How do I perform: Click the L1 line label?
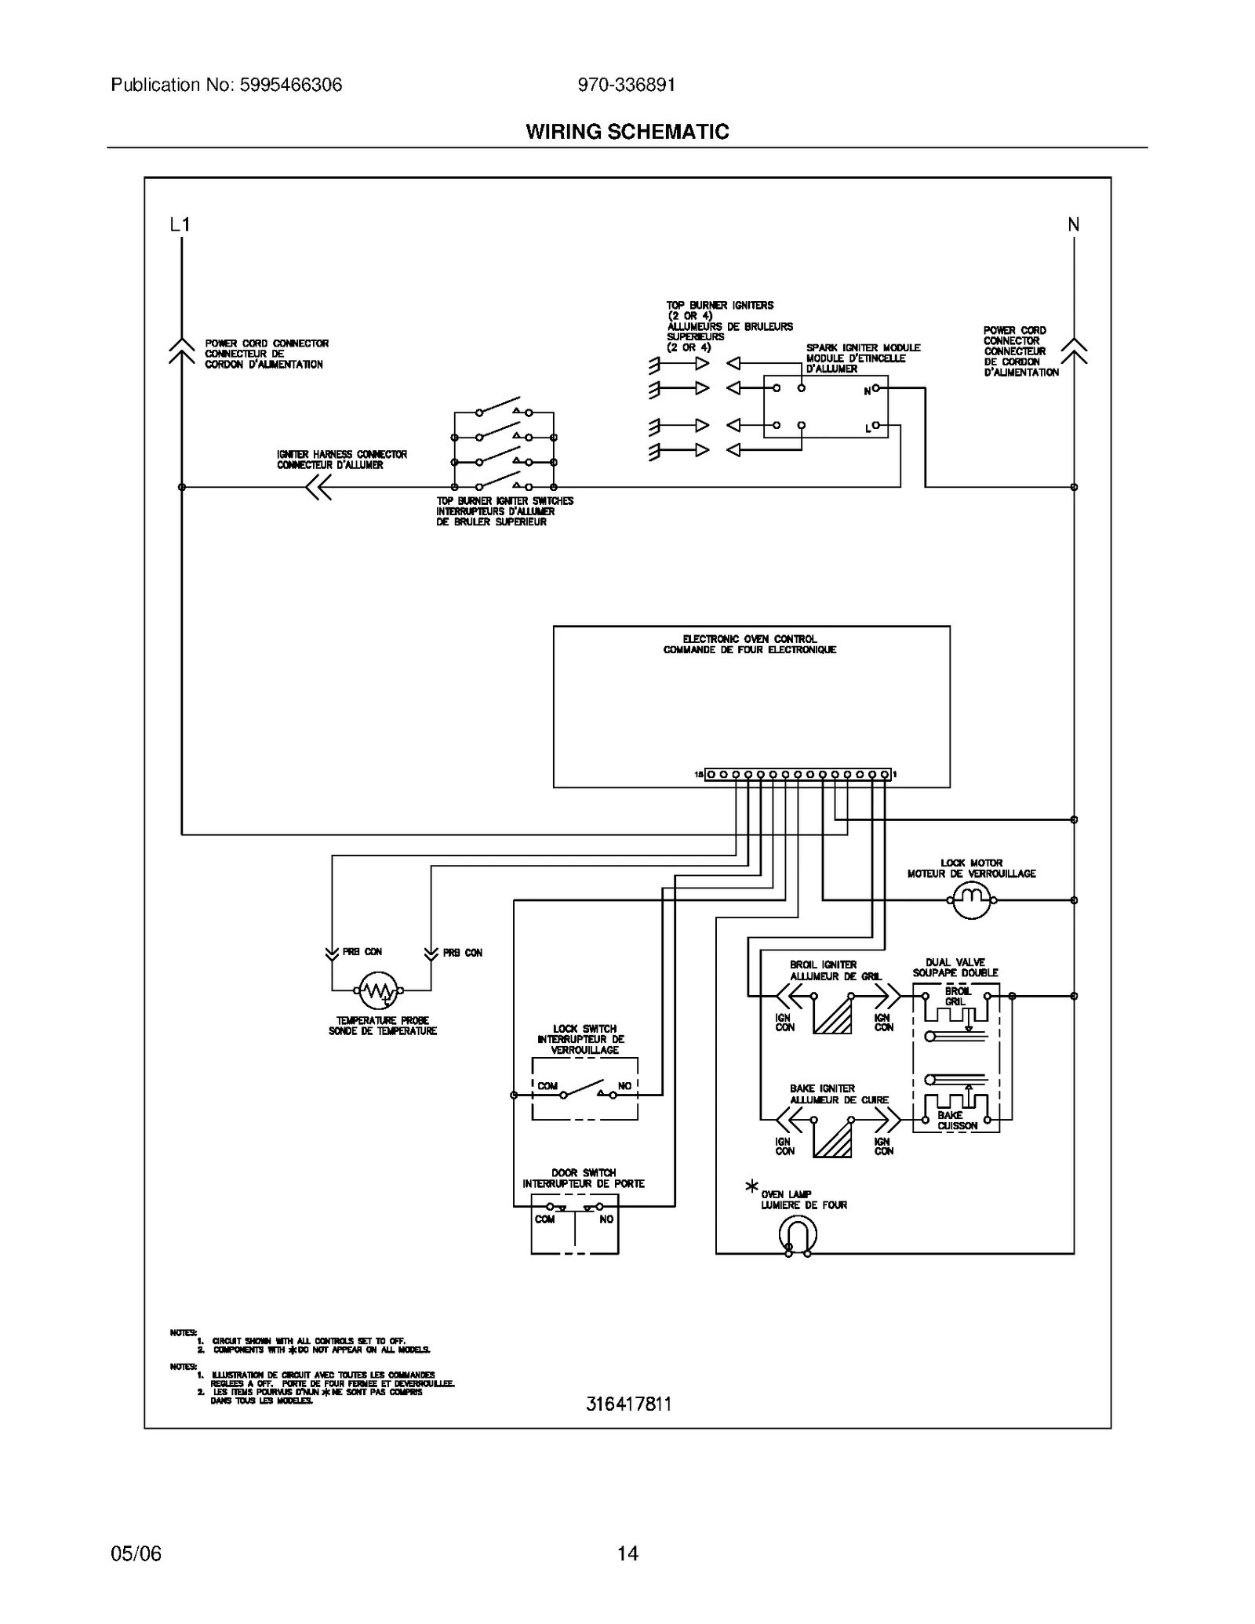[x=180, y=225]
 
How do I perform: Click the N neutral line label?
[x=1073, y=225]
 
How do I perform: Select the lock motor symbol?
[x=971, y=900]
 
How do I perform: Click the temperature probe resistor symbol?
[x=378, y=990]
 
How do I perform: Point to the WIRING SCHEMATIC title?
[x=627, y=132]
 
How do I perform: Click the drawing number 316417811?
[x=628, y=1404]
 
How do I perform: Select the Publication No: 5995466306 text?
[x=227, y=85]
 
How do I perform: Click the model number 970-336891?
[x=626, y=85]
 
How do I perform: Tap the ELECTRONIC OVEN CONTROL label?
[x=749, y=639]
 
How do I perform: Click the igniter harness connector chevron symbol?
[x=318, y=487]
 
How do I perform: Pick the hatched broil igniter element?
[x=832, y=1015]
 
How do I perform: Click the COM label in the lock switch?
[x=547, y=1086]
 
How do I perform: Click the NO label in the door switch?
[x=606, y=1219]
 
